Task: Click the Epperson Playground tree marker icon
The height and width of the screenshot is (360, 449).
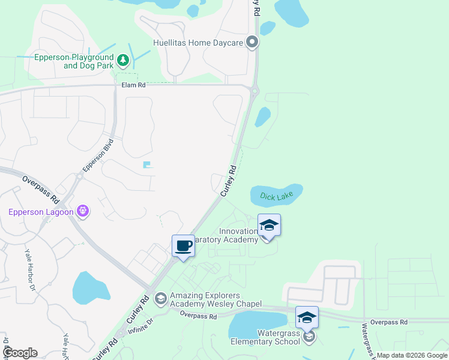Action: tap(123, 59)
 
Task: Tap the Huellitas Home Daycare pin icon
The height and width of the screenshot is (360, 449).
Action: tap(252, 43)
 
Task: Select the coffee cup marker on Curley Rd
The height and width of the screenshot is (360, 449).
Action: tap(184, 245)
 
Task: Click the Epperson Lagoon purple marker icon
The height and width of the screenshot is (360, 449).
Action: tap(83, 211)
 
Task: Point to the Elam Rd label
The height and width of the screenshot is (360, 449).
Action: tap(133, 85)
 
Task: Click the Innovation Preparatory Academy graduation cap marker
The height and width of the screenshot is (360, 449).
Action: tap(269, 226)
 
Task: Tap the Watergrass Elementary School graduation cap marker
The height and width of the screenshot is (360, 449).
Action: tap(307, 317)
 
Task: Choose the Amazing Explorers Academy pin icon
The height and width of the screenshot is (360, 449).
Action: tap(160, 298)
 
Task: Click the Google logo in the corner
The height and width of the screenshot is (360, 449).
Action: tap(20, 353)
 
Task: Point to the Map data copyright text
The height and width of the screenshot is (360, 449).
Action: tap(412, 355)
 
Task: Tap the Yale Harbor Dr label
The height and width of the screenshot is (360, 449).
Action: tap(29, 270)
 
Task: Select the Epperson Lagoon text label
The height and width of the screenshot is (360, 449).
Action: tap(40, 211)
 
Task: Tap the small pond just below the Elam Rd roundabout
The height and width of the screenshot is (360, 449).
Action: tap(262, 117)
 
